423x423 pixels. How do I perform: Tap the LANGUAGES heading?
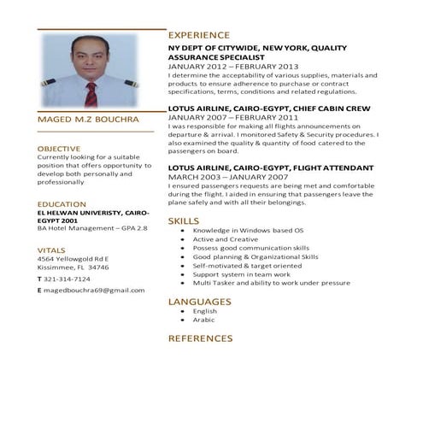(x=199, y=302)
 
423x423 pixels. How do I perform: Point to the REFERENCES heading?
(x=200, y=339)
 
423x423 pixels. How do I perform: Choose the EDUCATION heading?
(x=62, y=204)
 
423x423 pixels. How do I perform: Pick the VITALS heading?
(x=51, y=250)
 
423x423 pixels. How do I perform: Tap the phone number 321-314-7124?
(x=68, y=279)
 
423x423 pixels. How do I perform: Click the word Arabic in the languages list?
(x=204, y=320)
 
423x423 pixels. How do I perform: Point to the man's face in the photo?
(x=87, y=54)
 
